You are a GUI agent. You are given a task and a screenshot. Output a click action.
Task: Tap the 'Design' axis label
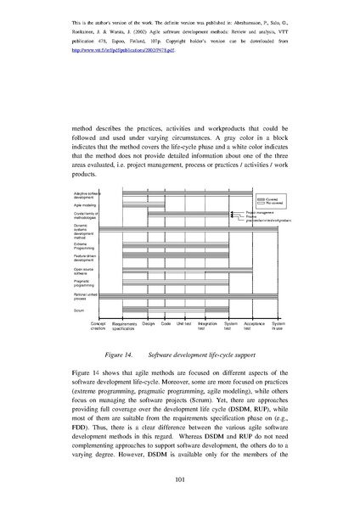(148, 322)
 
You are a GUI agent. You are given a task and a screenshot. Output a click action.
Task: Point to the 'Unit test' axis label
(183, 322)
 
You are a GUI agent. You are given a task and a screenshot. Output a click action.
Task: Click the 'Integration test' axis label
(207, 325)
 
